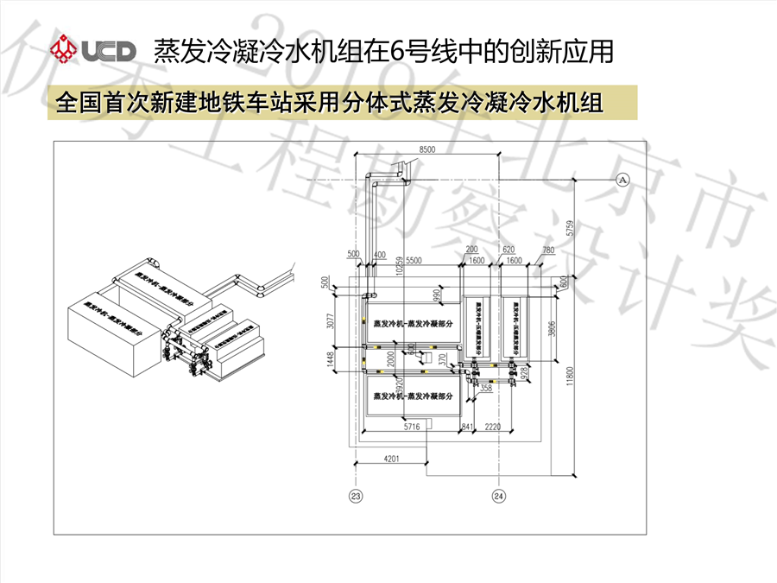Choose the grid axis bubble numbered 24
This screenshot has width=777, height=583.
(x=498, y=496)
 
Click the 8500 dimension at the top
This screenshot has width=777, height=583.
(x=426, y=150)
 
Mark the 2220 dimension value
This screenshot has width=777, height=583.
(x=494, y=427)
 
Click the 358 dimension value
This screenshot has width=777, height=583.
(x=485, y=390)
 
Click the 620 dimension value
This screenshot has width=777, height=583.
(x=508, y=250)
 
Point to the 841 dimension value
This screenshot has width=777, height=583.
(x=467, y=427)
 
